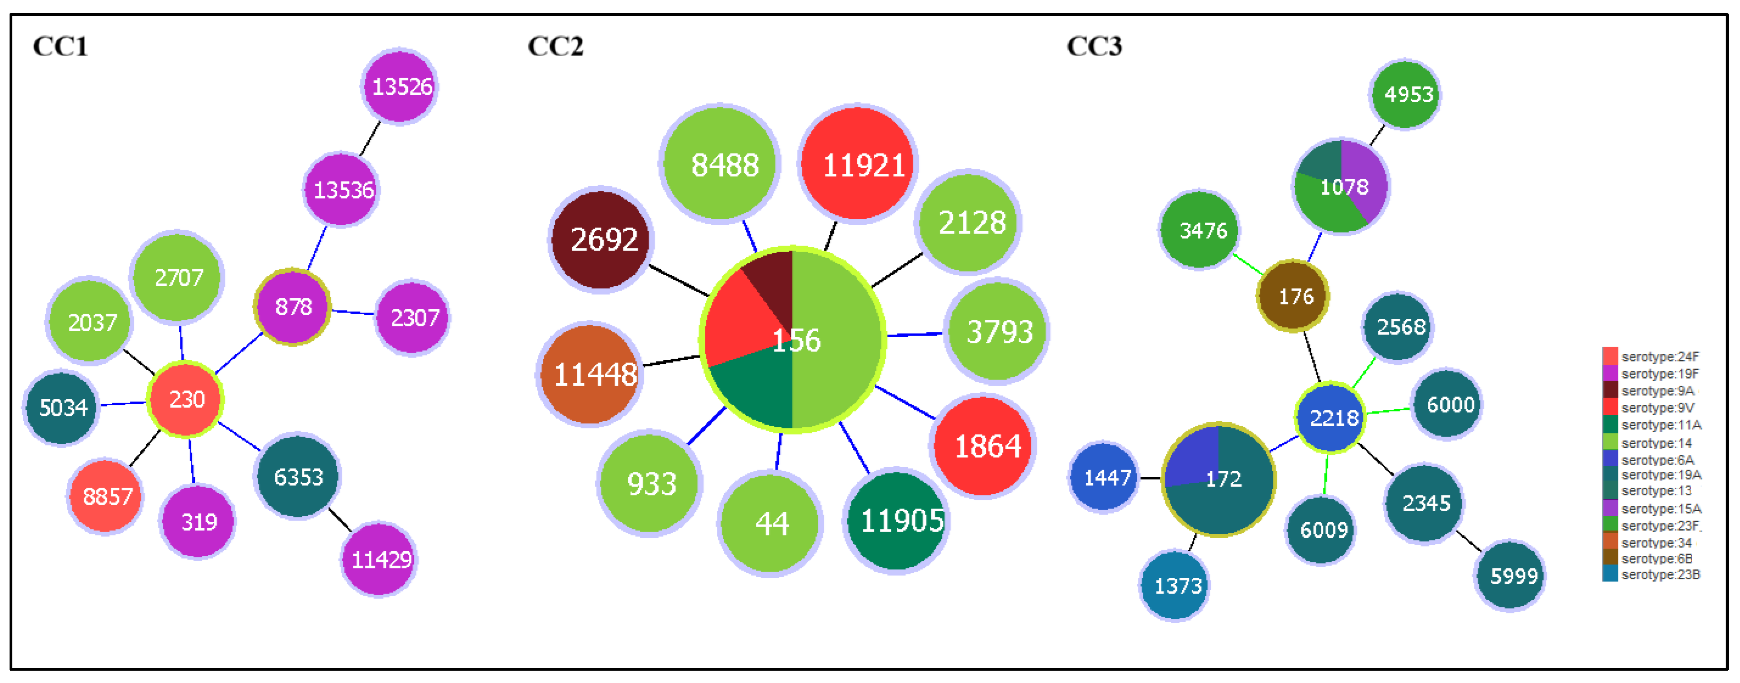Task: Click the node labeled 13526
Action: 400,86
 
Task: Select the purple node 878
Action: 293,307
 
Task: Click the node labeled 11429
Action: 379,559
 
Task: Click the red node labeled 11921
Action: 858,164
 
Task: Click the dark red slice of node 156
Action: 773,283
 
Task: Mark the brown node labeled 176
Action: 1293,296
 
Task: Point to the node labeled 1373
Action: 1175,585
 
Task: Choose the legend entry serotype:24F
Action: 1659,356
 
